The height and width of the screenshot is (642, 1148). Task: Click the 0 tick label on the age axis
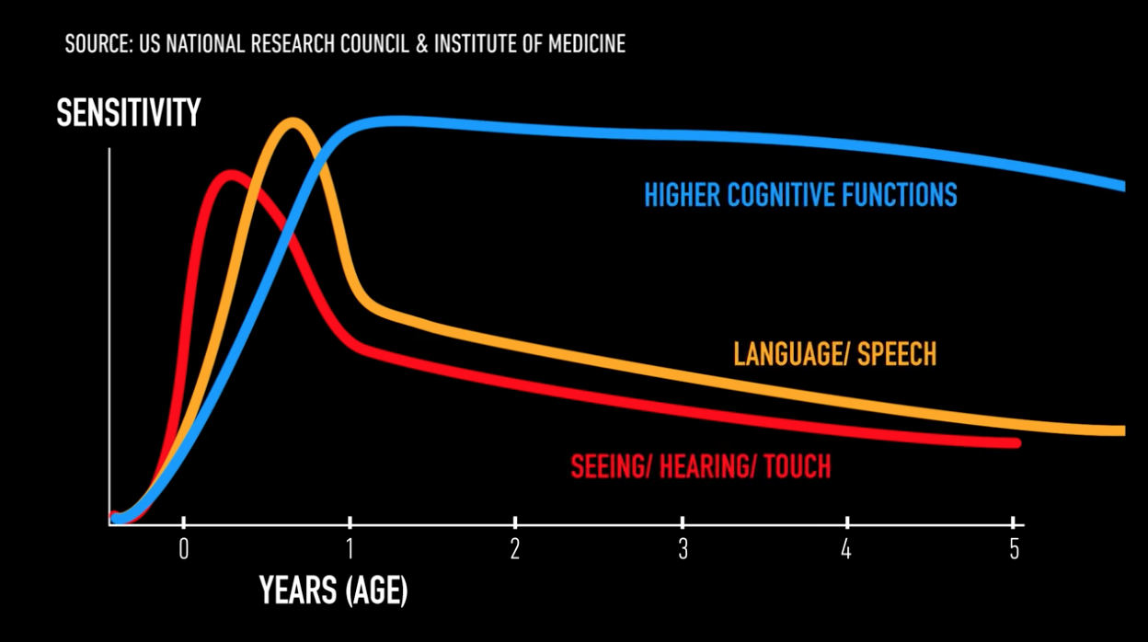pyautogui.click(x=183, y=549)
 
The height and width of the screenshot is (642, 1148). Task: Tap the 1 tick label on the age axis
pyautogui.click(x=350, y=549)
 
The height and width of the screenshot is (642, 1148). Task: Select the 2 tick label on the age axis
pyautogui.click(x=515, y=549)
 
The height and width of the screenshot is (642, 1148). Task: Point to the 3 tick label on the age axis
pyautogui.click(x=682, y=549)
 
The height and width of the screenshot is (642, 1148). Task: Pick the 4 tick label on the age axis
pyautogui.click(x=847, y=549)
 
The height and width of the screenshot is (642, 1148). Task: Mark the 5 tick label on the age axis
pyautogui.click(x=1014, y=549)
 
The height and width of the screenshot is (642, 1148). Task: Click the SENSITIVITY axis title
pyautogui.click(x=128, y=113)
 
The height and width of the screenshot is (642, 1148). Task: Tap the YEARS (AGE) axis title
pyautogui.click(x=333, y=590)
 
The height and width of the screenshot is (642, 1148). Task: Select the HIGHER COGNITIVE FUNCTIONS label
pyautogui.click(x=800, y=195)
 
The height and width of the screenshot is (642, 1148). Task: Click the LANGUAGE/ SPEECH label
pyautogui.click(x=834, y=354)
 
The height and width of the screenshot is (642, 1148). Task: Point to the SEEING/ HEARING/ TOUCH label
pyautogui.click(x=700, y=466)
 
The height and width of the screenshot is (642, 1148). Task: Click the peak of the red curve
pyautogui.click(x=230, y=174)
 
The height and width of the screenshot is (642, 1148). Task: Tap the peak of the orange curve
pyautogui.click(x=293, y=121)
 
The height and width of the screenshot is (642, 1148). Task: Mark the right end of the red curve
pyautogui.click(x=1017, y=443)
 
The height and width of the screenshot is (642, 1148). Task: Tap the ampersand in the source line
pyautogui.click(x=421, y=43)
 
